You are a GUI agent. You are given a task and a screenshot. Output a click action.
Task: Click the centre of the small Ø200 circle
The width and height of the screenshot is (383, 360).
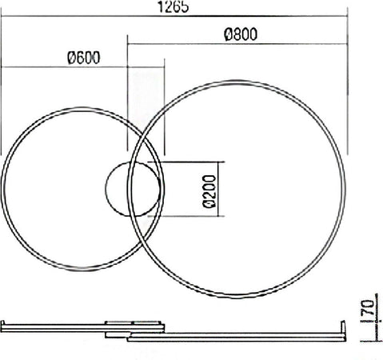[134, 189]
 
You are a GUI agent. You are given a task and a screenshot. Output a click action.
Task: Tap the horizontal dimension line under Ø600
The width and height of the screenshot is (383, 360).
[82, 68]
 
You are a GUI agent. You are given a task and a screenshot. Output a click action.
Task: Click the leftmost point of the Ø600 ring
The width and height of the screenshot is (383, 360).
[2, 189]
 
